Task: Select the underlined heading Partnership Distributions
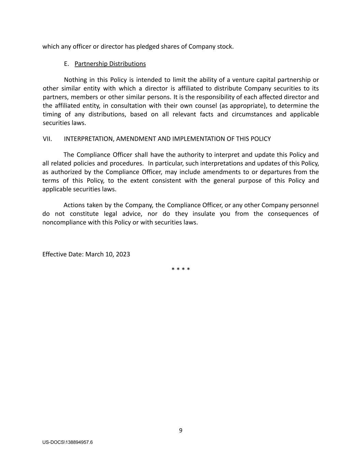[110, 64]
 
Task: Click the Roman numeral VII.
[47, 139]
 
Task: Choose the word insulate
[204, 214]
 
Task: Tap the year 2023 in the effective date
[123, 254]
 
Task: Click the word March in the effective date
[95, 254]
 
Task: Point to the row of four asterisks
[181, 269]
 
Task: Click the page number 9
[181, 430]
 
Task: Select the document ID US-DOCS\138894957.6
[68, 442]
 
